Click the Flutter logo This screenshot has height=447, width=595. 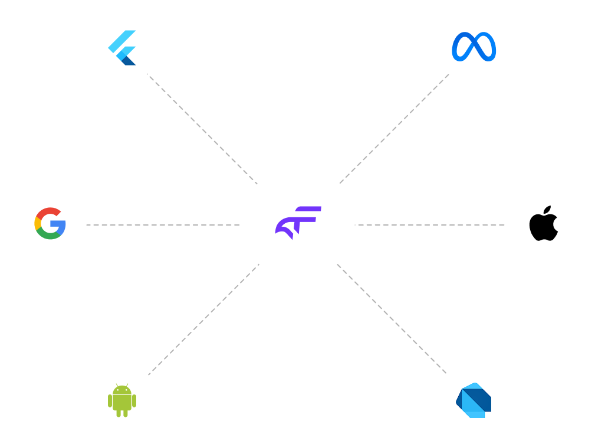pyautogui.click(x=122, y=48)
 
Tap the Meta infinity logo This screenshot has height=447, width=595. pyautogui.click(x=474, y=47)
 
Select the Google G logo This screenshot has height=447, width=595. pyautogui.click(x=50, y=223)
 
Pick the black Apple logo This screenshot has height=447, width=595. pyautogui.click(x=543, y=224)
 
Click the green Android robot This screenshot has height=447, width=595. pyautogui.click(x=122, y=400)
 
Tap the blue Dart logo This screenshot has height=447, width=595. pyautogui.click(x=474, y=400)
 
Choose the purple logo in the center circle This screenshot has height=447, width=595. pyautogui.click(x=298, y=223)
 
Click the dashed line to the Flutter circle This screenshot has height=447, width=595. pyautogui.click(x=200, y=127)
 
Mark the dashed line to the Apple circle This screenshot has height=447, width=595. pyautogui.click(x=431, y=225)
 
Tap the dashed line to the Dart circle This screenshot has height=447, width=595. pyautogui.click(x=392, y=319)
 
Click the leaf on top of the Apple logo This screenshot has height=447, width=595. pyautogui.click(x=548, y=210)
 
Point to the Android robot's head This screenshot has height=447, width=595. pyautogui.click(x=122, y=390)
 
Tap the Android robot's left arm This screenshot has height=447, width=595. pyautogui.click(x=110, y=401)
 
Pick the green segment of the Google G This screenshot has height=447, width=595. pyautogui.click(x=49, y=236)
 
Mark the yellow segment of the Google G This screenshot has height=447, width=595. pyautogui.click(x=37, y=223)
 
